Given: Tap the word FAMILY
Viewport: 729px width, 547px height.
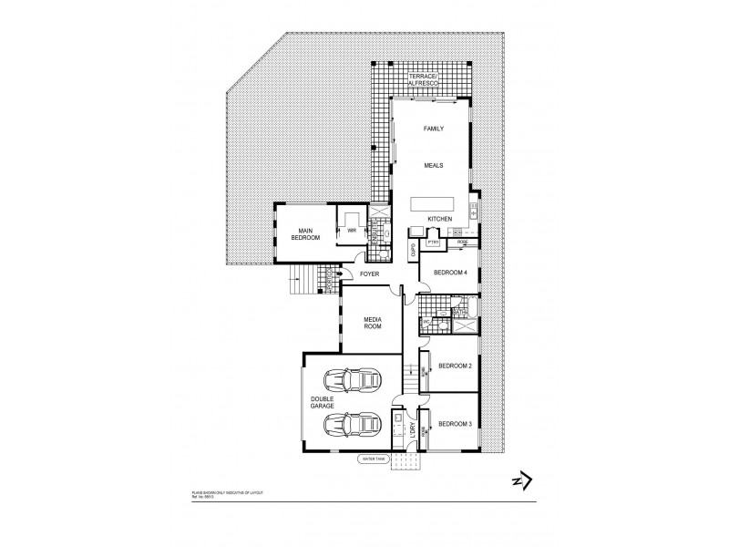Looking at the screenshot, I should (x=434, y=129).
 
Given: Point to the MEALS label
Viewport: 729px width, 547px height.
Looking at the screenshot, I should (x=433, y=165).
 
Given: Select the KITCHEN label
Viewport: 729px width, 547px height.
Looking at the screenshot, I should (x=440, y=220).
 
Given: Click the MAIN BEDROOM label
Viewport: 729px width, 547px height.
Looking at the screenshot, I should (x=304, y=234).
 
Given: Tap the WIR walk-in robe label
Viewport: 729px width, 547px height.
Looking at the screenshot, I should (x=350, y=232).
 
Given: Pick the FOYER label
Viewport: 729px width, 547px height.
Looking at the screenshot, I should (x=369, y=272).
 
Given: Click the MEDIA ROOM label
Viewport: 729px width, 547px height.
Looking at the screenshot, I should (x=372, y=324).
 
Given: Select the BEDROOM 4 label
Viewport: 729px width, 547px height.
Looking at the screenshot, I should (x=449, y=273).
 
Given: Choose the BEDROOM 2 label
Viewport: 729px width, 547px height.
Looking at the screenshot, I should (x=453, y=366).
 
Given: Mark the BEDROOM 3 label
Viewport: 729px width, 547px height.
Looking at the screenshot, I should (x=453, y=423).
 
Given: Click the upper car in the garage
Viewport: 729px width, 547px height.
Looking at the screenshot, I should (x=351, y=379).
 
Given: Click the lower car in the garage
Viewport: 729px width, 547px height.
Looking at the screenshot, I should (x=351, y=424).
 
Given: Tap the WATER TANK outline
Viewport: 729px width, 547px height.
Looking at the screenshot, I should (x=375, y=460).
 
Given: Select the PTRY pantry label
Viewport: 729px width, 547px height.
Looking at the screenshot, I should (x=433, y=243).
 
